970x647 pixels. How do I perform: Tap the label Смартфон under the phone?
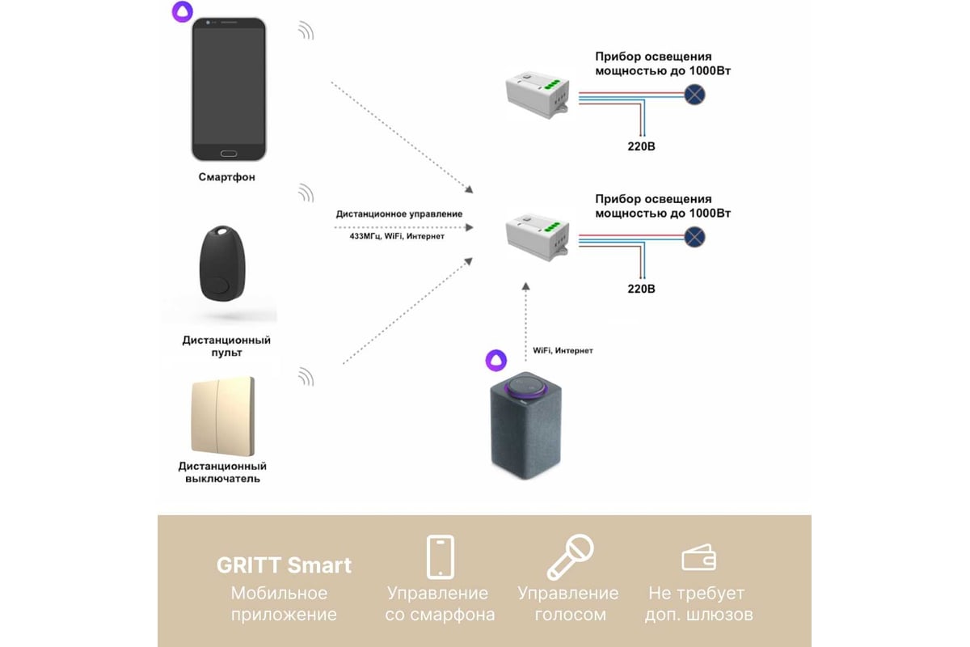(x=227, y=177)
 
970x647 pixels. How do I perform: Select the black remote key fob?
(x=216, y=264)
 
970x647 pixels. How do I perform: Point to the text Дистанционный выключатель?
(x=222, y=472)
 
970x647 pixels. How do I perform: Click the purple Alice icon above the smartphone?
(x=183, y=12)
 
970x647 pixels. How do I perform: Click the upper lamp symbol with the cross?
(x=694, y=95)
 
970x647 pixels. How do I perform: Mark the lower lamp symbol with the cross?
(x=694, y=236)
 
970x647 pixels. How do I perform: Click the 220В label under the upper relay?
(x=643, y=146)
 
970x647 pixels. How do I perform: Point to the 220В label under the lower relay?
(x=643, y=287)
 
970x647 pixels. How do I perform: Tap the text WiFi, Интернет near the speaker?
(x=563, y=351)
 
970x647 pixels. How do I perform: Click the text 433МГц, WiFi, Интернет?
(x=390, y=236)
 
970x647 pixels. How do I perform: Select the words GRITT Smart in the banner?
(x=284, y=565)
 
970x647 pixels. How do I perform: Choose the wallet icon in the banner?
(x=698, y=557)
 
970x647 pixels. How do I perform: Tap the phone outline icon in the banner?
(x=440, y=556)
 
